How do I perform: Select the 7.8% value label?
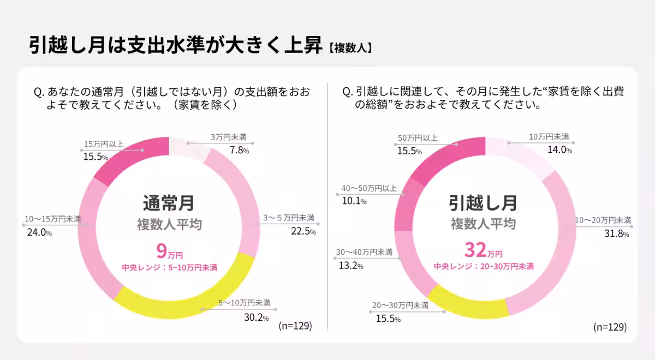239,150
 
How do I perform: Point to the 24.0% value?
39,232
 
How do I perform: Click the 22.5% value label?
303,231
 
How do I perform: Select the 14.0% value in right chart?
558,150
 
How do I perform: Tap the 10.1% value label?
354,201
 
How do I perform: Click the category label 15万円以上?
104,144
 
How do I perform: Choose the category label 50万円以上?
418,139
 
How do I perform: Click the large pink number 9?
162,251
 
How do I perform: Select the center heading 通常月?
169,203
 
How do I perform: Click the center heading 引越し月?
483,202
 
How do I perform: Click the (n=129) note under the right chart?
609,327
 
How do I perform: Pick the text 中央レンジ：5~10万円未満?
169,268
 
